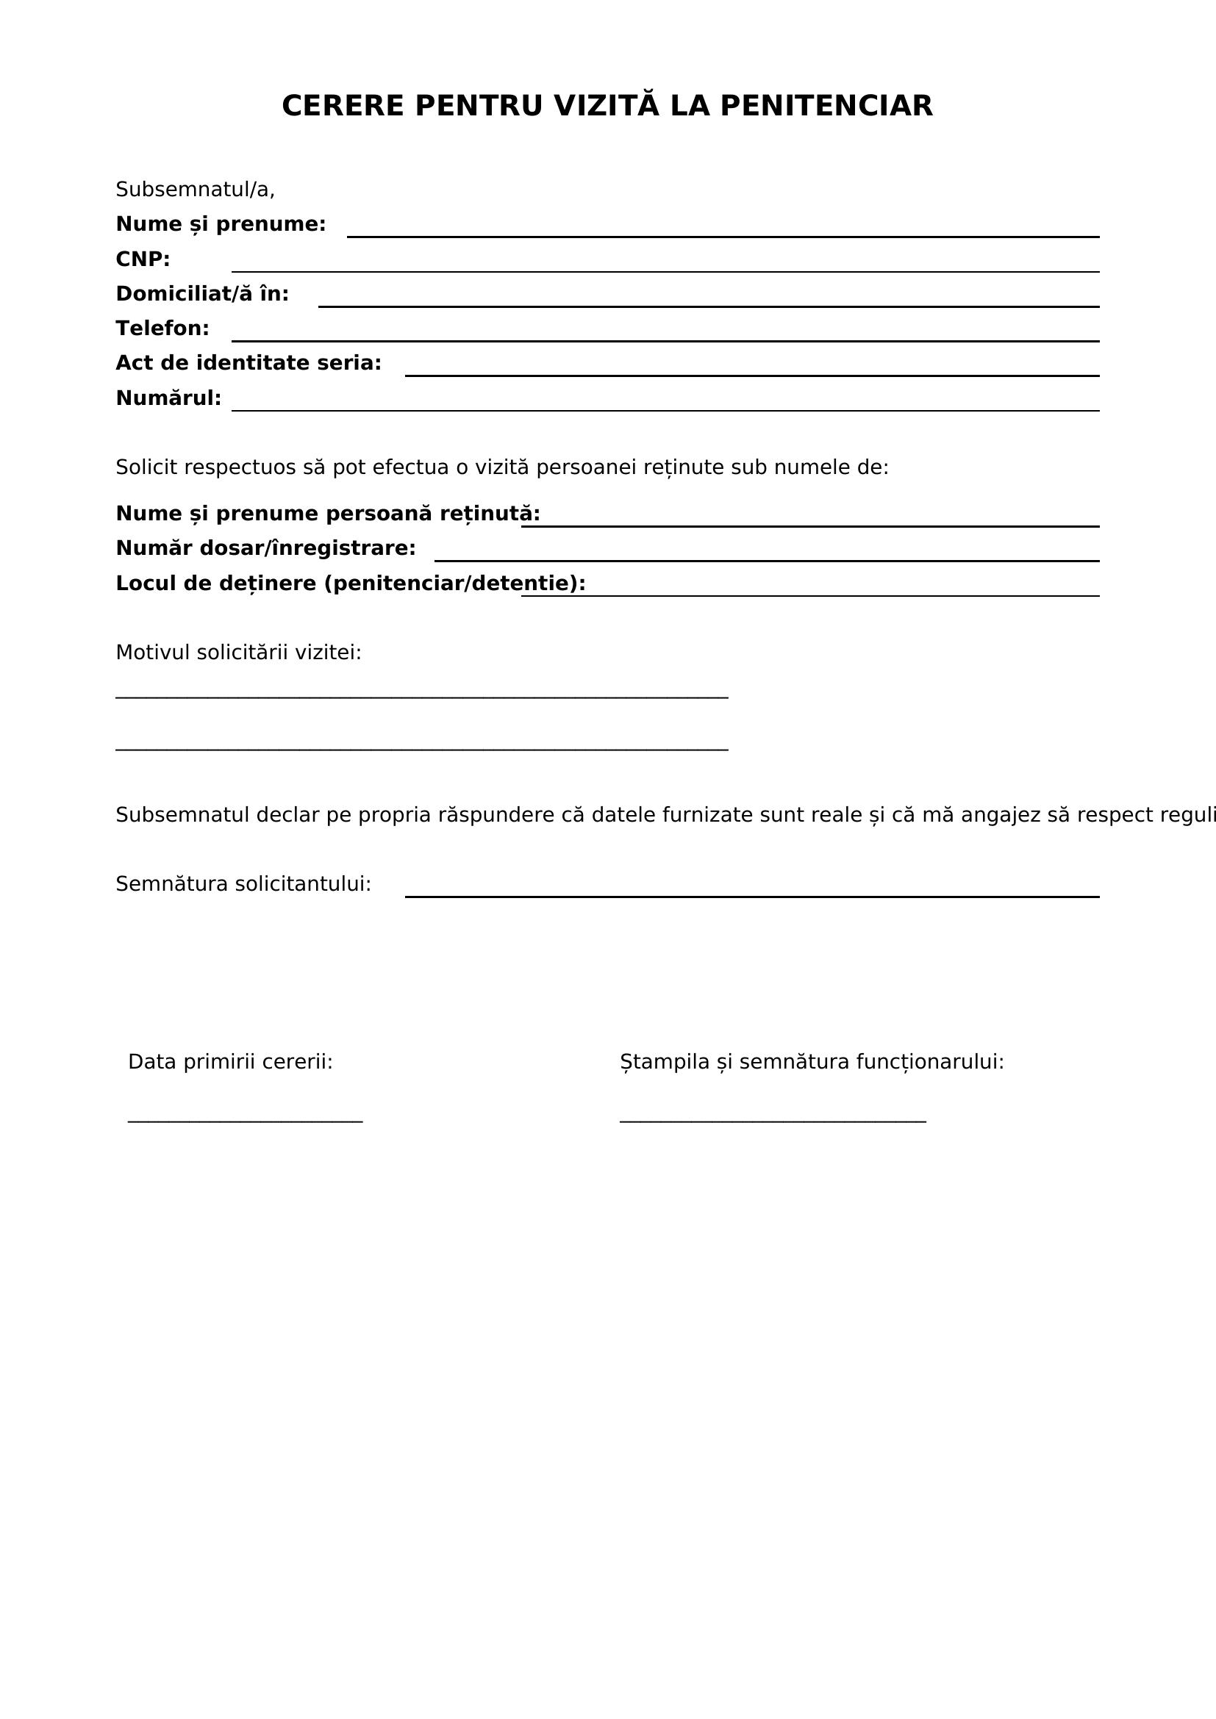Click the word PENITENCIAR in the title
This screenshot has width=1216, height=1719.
826,107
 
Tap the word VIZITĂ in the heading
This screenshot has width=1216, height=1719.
607,107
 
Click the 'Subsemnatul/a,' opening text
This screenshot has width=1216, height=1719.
195,190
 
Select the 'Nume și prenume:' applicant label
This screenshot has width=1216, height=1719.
221,225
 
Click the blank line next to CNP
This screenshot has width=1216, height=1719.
665,270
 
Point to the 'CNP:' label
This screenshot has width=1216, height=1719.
143,259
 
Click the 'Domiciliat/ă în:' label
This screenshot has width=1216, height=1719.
202,294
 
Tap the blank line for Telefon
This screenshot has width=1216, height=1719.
665,340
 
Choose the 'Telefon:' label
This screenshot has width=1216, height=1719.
162,329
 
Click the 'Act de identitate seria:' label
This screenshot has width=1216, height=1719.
248,364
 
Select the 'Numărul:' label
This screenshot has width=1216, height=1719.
168,398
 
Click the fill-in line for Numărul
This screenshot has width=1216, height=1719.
665,409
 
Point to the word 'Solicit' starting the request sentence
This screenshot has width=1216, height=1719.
147,468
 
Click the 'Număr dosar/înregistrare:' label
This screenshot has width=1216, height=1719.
266,549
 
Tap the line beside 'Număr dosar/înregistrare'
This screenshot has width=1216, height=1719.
767,560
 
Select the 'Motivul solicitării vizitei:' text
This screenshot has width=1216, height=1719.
238,653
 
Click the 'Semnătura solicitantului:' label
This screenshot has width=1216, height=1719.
243,885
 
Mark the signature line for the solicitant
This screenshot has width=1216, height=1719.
752,896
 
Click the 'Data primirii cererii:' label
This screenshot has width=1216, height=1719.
230,1063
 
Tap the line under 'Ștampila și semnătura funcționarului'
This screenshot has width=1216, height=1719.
773,1122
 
